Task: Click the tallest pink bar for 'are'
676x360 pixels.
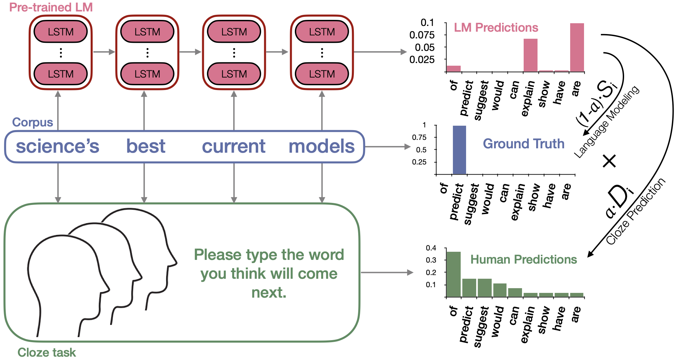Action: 577,47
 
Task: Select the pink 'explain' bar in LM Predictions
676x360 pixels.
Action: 530,55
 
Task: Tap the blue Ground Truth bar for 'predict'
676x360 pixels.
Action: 459,150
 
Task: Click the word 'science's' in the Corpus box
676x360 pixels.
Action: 58,146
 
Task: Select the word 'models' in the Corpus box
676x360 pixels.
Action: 321,146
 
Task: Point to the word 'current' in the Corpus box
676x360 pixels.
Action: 234,146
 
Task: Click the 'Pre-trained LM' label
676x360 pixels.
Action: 51,7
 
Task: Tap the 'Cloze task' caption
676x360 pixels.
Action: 47,352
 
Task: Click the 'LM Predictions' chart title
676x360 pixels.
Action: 496,28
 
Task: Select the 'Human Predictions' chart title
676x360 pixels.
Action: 523,259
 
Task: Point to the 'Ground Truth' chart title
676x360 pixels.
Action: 523,144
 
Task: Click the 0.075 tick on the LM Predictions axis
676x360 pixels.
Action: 422,35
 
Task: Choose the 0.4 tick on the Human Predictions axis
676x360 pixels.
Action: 431,248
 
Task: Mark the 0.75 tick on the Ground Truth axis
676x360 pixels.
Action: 419,138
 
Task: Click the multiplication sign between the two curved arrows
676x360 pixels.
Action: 609,161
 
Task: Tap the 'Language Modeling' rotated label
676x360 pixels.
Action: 607,121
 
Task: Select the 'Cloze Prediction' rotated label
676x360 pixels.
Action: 636,211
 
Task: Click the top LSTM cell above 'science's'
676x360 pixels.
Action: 61,32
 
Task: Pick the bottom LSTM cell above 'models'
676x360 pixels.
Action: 322,74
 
